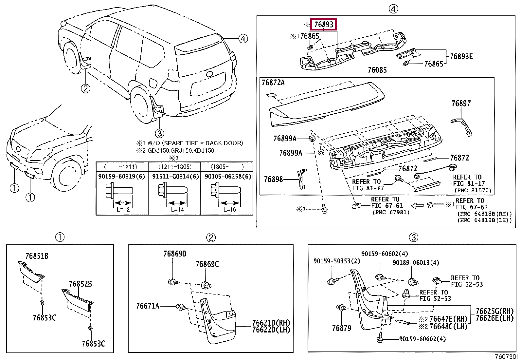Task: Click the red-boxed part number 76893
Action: click(x=324, y=25)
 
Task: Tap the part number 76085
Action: click(x=377, y=70)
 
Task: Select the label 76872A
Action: click(x=273, y=83)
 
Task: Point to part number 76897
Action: click(x=461, y=104)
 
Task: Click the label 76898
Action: click(x=273, y=179)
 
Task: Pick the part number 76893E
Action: click(x=461, y=57)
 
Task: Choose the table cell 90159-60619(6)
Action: click(x=121, y=177)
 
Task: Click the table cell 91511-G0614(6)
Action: click(x=175, y=177)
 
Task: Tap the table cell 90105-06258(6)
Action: click(x=228, y=177)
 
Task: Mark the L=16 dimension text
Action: click(x=229, y=210)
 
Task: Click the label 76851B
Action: click(x=37, y=256)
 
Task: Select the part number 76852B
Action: click(x=80, y=284)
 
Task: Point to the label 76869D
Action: click(x=175, y=254)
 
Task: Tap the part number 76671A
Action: click(x=148, y=306)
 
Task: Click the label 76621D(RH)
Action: click(x=271, y=323)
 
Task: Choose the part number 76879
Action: click(x=342, y=328)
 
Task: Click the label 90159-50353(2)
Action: click(x=336, y=261)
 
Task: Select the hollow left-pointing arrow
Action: click(x=417, y=206)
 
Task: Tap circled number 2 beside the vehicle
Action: click(x=86, y=88)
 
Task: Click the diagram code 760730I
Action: click(x=506, y=356)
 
